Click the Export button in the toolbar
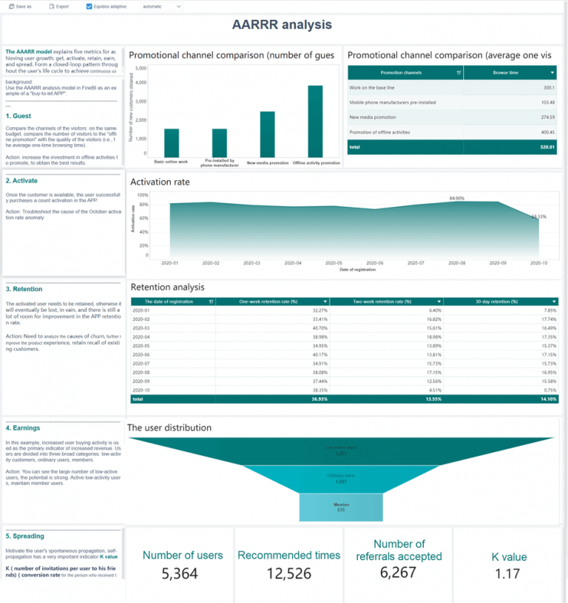59,6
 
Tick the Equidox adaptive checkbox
89,6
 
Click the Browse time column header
510,72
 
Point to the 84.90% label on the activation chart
457,199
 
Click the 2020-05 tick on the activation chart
334,263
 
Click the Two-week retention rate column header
386,301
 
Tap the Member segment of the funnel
341,506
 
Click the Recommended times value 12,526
288,572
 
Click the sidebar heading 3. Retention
24,289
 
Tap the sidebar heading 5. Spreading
25,536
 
